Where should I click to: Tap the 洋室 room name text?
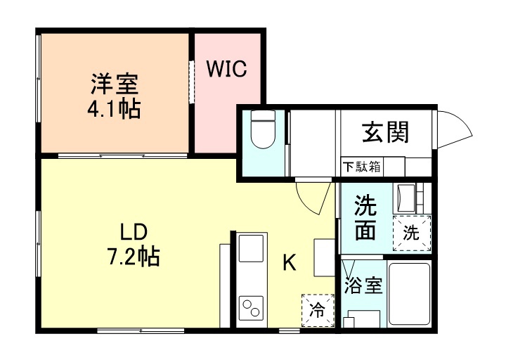click(114, 84)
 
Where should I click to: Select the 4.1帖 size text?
click(114, 109)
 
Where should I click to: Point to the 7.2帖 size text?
click(134, 257)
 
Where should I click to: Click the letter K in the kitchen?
click(289, 263)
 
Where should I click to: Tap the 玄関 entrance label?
click(385, 131)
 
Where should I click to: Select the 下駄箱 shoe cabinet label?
click(362, 167)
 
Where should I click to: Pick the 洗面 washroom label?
click(365, 217)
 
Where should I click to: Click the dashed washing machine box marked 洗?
click(411, 233)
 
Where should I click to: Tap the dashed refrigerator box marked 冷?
click(317, 310)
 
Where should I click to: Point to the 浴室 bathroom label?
click(363, 286)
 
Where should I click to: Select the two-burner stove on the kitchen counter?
click(250, 308)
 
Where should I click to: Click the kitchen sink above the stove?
click(250, 249)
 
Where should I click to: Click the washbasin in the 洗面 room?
click(406, 197)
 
